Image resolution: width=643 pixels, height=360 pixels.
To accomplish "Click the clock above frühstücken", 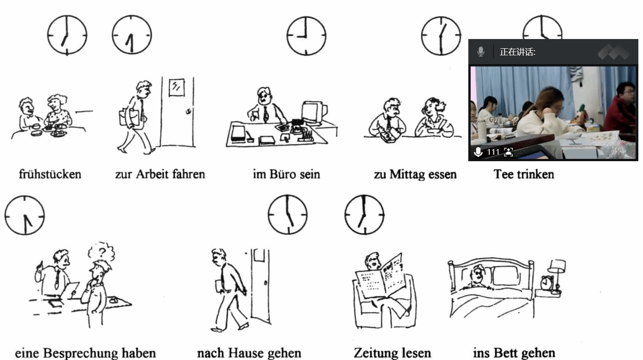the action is [67, 35].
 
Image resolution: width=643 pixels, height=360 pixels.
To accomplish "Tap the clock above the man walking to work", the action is [132, 35].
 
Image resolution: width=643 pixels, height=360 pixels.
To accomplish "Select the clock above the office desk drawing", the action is [306, 36].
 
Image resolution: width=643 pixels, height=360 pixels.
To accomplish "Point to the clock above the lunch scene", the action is [441, 36].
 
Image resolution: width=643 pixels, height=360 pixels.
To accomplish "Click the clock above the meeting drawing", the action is [25, 216].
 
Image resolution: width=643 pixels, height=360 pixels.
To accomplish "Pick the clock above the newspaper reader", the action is [364, 215].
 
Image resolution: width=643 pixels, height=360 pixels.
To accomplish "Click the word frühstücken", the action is [50, 174].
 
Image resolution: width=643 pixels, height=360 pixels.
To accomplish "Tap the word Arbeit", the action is [152, 174].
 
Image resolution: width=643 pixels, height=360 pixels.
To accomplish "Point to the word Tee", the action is [504, 174].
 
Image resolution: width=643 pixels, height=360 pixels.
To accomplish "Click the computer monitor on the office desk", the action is [315, 112].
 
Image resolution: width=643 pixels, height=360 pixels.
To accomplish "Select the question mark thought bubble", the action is [101, 252].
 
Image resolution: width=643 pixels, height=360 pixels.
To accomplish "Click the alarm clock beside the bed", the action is [547, 282].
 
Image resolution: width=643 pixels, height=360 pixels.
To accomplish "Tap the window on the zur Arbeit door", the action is [177, 87].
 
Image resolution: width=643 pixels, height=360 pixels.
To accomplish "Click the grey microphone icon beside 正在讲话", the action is [481, 52].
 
